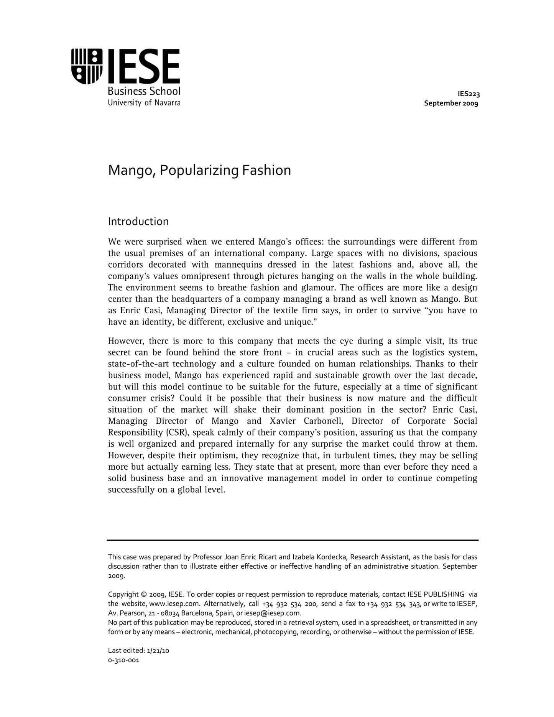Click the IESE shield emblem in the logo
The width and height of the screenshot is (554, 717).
pos(87,66)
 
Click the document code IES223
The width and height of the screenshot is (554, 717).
pos(469,94)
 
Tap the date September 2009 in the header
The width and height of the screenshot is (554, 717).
pos(451,103)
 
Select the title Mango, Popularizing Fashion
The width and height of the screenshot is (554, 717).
pos(199,170)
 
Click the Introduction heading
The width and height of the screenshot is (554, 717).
pos(138,222)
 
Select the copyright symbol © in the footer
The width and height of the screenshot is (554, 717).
pos(144,595)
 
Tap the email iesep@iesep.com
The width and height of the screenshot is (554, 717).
pos(272,613)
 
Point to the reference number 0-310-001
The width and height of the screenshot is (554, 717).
pos(123,660)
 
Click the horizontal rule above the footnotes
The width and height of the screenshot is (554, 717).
pos(293,540)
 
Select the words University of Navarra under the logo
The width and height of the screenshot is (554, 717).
pos(144,103)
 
